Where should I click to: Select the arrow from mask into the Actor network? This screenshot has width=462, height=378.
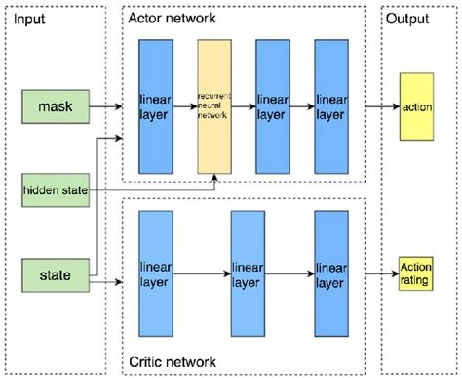pyautogui.click(x=107, y=102)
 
